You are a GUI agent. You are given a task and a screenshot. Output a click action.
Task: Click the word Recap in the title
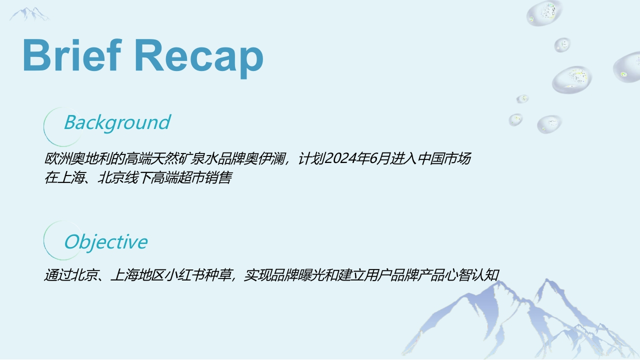click(198, 58)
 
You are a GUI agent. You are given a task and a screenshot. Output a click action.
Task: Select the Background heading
click(117, 123)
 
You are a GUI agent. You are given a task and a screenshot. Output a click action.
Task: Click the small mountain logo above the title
click(29, 14)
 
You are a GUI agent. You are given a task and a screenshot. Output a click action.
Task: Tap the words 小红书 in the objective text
click(185, 275)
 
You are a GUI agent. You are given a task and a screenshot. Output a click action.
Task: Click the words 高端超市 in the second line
click(177, 177)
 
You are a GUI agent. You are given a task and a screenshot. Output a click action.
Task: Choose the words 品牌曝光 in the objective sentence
click(298, 275)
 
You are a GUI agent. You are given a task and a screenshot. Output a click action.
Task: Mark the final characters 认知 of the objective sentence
click(485, 275)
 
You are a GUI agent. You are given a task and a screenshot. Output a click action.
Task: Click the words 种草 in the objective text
click(218, 275)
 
